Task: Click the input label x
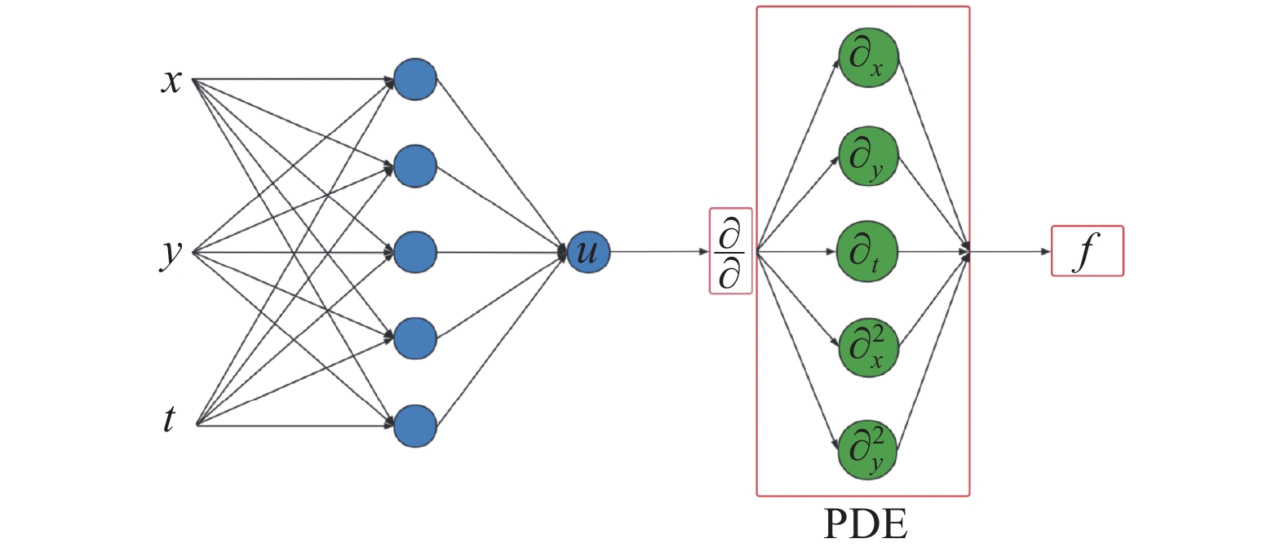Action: click(x=171, y=81)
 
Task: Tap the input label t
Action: click(x=169, y=419)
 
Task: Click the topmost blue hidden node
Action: click(x=415, y=79)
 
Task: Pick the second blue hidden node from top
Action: click(x=415, y=166)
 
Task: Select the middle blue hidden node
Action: click(x=415, y=252)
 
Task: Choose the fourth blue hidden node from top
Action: click(x=415, y=338)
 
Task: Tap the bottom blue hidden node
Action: click(x=415, y=426)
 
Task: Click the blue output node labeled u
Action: click(x=588, y=252)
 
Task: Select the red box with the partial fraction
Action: click(x=730, y=251)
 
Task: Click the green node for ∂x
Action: click(x=867, y=57)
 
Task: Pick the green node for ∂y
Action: click(x=867, y=156)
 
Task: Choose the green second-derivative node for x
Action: click(x=867, y=348)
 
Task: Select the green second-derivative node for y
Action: click(x=867, y=450)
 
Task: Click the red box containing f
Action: click(x=1087, y=251)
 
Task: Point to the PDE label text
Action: click(x=865, y=524)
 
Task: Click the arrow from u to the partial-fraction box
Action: click(x=659, y=252)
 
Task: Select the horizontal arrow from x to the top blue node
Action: click(x=294, y=80)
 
